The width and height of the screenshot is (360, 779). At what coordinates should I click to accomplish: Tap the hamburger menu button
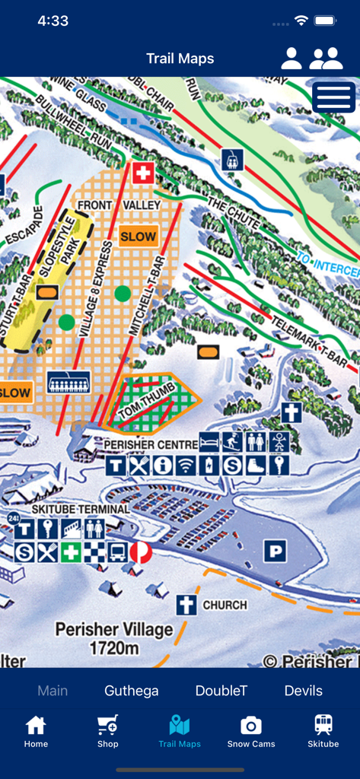333,97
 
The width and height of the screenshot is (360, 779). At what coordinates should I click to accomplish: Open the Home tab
36,732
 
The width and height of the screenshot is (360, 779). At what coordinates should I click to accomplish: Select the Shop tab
107,732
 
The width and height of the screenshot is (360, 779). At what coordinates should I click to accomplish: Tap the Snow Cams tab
251,732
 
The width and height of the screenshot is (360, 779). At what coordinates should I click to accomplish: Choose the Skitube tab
323,732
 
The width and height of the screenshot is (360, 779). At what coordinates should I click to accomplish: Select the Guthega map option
132,691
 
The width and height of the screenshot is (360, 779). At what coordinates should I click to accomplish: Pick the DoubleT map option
221,691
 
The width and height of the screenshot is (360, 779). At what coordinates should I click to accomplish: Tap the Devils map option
304,691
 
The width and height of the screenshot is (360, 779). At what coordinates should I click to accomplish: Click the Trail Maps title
180,59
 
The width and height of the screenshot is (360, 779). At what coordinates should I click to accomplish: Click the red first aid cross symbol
143,173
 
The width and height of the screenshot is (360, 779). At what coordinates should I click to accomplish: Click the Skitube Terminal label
81,509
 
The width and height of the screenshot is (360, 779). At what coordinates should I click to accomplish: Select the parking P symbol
275,551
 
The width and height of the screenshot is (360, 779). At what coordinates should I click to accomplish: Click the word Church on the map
225,606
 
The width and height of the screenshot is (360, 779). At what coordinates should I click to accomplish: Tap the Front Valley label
119,205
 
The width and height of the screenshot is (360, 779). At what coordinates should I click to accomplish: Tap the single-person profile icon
292,59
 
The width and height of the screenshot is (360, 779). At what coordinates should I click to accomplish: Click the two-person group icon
326,59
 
